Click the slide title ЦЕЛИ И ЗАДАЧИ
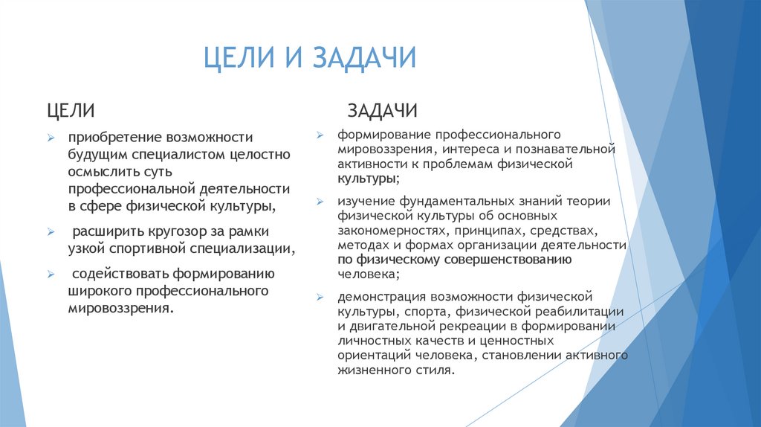click(x=310, y=58)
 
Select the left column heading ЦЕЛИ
click(x=71, y=111)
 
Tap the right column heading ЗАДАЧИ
click(x=382, y=111)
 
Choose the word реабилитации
click(x=583, y=311)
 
